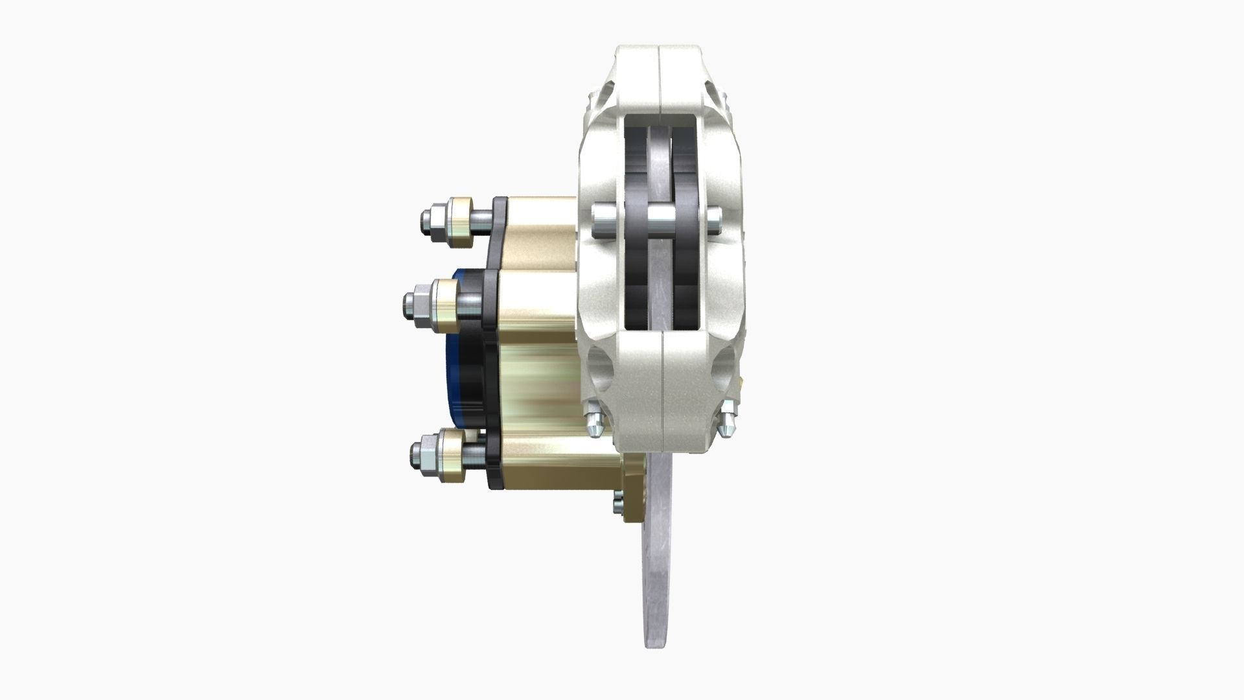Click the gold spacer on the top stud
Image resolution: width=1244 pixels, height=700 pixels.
tap(460, 222)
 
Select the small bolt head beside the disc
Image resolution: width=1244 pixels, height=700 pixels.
tap(616, 504)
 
